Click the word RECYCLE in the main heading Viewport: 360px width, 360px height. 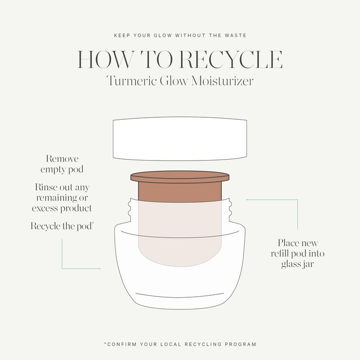pyautogui.click(x=232, y=59)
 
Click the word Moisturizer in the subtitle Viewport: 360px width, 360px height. pyautogui.click(x=224, y=81)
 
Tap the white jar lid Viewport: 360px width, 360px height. pyautogui.click(x=180, y=139)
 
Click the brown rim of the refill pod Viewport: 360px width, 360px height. pyautogui.click(x=180, y=177)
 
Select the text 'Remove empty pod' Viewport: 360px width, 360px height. pyautogui.click(x=62, y=164)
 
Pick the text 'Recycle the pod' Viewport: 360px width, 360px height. pyautogui.click(x=62, y=226)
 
